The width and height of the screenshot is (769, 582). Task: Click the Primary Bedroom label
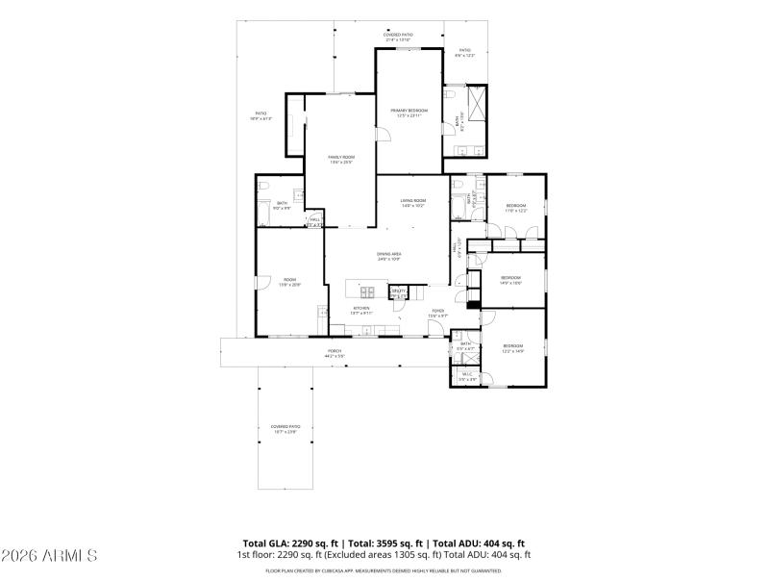408,113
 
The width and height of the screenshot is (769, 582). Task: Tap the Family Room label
341,159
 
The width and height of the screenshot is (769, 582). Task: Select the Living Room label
413,202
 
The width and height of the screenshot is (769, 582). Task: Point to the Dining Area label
388,256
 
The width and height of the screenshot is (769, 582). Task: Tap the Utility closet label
398,292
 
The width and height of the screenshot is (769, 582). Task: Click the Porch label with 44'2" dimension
335,352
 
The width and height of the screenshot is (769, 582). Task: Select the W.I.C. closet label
467,376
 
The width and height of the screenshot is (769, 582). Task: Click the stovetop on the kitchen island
366,290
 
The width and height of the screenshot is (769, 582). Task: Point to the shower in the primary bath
476,101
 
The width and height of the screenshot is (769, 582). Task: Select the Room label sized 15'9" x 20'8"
289,282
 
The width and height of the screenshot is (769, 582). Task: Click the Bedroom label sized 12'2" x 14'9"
512,347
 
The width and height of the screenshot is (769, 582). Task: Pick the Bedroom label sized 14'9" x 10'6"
510,279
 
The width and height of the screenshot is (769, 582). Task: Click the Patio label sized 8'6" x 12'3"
465,52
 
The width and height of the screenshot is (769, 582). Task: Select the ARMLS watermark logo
50,556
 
